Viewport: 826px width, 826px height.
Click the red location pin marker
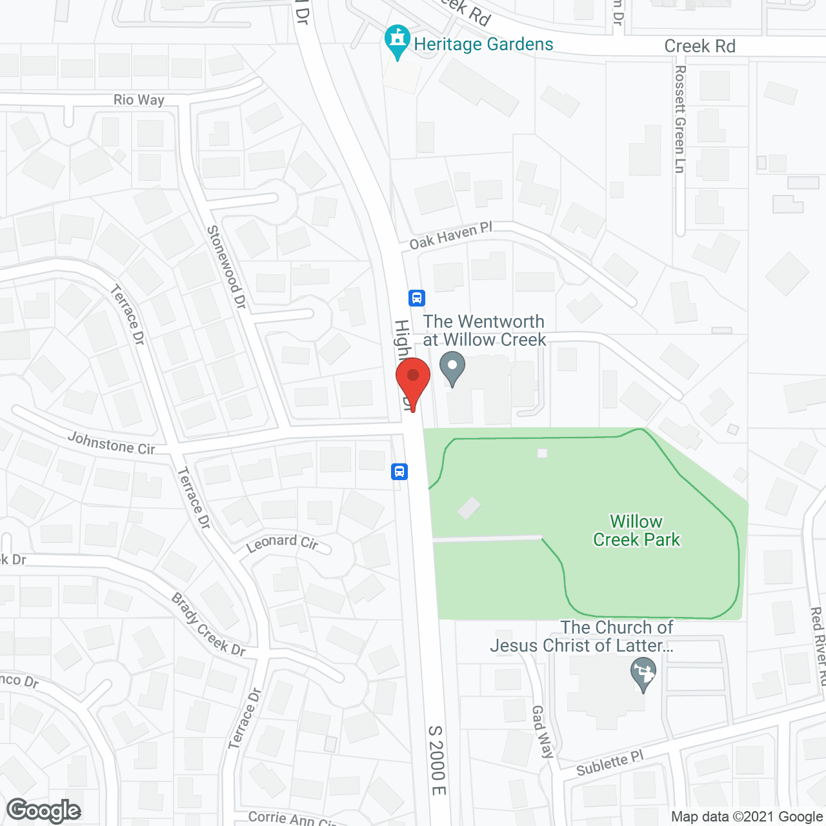click(x=413, y=381)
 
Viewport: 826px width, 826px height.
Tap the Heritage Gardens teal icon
click(x=398, y=41)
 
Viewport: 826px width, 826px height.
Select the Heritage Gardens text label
click(x=483, y=44)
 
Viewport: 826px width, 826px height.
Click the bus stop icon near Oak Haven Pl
click(x=417, y=298)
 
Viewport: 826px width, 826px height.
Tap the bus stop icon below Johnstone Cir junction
click(x=399, y=472)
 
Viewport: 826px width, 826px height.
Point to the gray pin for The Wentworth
click(x=452, y=368)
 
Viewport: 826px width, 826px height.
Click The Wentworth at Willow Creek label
click(x=484, y=330)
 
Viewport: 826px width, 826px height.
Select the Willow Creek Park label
click(x=636, y=530)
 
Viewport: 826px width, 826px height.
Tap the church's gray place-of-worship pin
click(x=643, y=673)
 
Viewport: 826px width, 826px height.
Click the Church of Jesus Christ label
click(x=582, y=636)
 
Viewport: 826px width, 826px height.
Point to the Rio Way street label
click(x=139, y=99)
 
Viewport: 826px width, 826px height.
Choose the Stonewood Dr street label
click(x=227, y=267)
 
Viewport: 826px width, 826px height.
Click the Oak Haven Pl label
click(x=451, y=236)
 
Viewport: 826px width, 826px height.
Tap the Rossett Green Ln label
click(x=680, y=119)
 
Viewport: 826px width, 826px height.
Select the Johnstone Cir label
click(x=112, y=443)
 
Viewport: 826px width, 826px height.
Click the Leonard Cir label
click(x=283, y=543)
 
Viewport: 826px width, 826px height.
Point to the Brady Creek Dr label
click(x=208, y=625)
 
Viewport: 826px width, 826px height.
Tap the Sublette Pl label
click(x=610, y=764)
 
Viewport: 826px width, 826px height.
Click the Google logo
click(x=44, y=811)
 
